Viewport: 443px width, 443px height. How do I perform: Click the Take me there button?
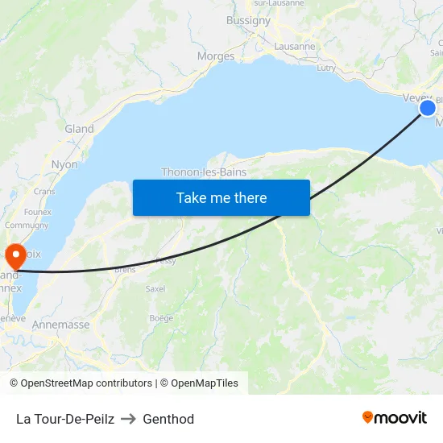tap(221, 197)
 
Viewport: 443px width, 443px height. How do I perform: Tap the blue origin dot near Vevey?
tap(428, 108)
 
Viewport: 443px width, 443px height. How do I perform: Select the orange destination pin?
tap(15, 256)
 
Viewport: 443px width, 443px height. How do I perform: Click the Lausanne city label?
tap(295, 46)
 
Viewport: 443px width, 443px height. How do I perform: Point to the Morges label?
tap(216, 56)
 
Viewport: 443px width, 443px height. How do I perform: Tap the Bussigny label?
tap(248, 21)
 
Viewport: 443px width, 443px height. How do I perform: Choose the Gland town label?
tap(79, 129)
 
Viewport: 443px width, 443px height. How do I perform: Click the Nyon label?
tap(64, 164)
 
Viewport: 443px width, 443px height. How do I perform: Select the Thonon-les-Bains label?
tap(204, 172)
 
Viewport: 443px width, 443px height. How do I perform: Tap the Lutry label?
tap(326, 68)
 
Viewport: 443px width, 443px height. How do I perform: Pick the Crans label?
tap(44, 192)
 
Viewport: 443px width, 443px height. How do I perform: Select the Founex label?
tap(38, 212)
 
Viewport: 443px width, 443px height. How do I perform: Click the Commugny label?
tap(27, 226)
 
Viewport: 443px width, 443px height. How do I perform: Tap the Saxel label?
tap(155, 288)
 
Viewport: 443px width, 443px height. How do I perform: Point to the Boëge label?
tap(161, 318)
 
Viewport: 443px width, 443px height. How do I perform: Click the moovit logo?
tap(395, 417)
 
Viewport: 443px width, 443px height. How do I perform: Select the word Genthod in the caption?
tap(168, 419)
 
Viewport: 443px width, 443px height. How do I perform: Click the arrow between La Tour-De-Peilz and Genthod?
tap(128, 419)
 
